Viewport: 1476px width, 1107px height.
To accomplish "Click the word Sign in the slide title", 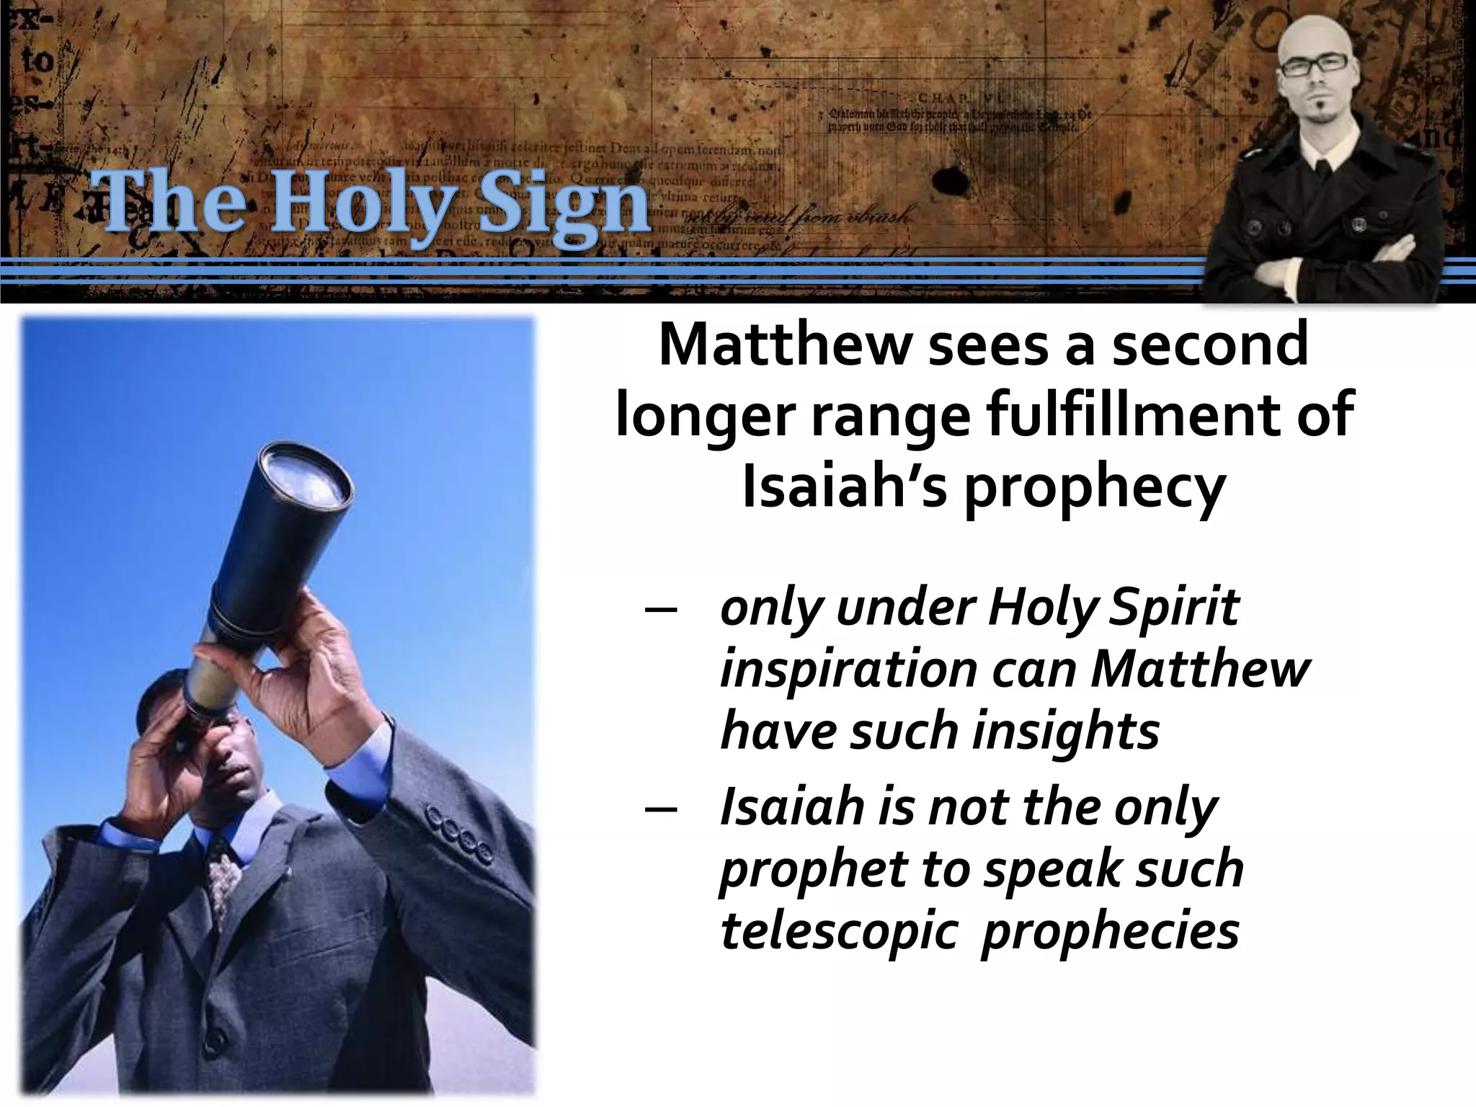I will [553, 203].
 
